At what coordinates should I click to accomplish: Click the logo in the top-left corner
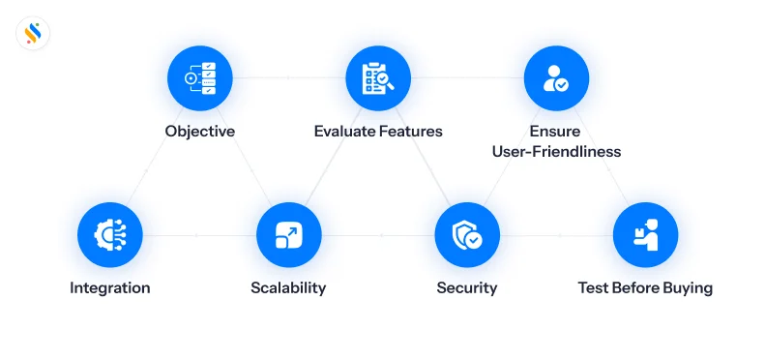33,34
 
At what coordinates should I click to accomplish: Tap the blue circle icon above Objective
199,78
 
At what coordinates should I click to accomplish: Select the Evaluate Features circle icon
378,78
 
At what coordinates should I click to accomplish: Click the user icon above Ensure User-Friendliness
556,78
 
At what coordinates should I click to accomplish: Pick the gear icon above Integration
110,235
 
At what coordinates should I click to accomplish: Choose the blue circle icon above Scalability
288,235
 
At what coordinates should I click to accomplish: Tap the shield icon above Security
467,235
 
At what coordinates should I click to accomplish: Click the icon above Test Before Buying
645,235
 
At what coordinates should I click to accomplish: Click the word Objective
199,132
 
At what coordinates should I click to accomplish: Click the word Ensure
556,132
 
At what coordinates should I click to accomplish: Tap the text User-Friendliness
556,152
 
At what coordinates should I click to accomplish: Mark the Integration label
110,287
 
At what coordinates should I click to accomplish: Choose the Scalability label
288,287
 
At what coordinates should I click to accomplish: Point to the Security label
467,287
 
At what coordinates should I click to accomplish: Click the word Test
595,287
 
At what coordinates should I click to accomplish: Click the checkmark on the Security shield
474,239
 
